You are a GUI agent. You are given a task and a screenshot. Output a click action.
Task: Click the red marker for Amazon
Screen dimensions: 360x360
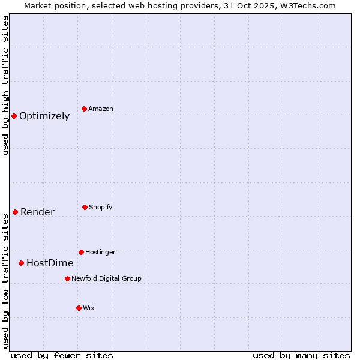85,109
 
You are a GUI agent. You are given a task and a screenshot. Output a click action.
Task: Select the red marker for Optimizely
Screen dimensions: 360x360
14,116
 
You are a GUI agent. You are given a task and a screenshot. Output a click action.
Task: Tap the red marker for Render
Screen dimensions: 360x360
16,212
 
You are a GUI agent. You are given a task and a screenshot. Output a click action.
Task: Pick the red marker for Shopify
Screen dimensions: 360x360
85,207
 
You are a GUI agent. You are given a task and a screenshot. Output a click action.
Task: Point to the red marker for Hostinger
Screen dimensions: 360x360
82,252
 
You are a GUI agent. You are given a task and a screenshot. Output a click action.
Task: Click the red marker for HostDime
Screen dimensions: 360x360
22,263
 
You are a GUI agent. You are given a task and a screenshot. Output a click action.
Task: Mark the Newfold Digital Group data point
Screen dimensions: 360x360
68,278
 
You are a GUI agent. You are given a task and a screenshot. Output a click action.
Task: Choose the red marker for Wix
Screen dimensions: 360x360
79,308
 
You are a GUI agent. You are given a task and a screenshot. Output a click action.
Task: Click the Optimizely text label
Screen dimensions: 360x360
44,116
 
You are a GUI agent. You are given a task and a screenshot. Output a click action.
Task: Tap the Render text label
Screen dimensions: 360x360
37,212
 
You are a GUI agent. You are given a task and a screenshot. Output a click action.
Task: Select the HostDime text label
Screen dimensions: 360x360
50,263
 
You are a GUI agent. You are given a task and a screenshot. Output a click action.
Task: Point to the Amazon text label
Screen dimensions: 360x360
101,109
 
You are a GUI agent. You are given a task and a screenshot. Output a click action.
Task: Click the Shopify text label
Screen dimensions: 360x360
101,207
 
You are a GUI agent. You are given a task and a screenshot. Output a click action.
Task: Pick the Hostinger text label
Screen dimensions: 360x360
100,252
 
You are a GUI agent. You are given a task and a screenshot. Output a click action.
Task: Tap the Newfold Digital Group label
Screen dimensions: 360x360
106,278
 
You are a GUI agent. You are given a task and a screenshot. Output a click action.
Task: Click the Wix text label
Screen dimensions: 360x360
89,308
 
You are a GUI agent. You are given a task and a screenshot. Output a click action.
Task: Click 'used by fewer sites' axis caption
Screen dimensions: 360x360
62,355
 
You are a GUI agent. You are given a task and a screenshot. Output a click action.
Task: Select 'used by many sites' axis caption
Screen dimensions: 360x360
301,355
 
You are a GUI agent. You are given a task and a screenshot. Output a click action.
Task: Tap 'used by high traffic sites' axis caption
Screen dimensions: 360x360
5,85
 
